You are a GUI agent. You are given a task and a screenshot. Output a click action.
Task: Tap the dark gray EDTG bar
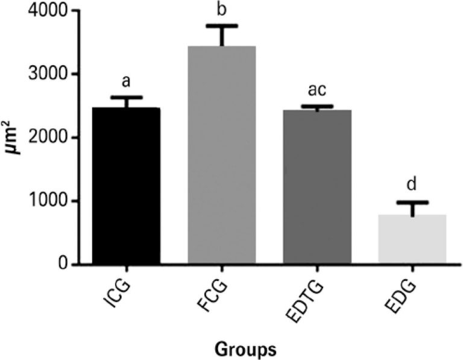click(x=317, y=187)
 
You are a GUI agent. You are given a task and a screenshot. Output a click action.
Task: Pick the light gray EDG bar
click(x=412, y=239)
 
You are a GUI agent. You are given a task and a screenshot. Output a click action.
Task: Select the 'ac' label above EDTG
click(x=317, y=90)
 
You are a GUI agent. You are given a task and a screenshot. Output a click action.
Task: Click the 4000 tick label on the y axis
click(x=46, y=11)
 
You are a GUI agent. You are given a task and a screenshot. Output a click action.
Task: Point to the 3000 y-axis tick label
click(x=46, y=75)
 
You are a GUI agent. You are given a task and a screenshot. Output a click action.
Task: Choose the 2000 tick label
click(x=46, y=138)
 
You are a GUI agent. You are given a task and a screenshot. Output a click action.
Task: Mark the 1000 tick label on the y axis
click(x=46, y=201)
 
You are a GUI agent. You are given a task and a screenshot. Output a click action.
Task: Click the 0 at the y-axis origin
click(x=61, y=264)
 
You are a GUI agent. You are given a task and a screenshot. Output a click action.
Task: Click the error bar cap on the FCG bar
click(x=221, y=26)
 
